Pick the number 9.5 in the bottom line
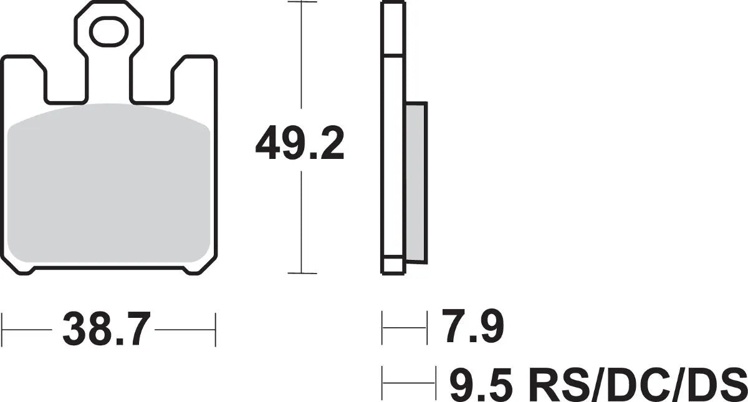click(x=481, y=384)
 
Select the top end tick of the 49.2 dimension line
click(x=301, y=2)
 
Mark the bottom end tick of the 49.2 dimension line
click(x=301, y=273)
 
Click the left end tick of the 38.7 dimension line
click(x=2, y=329)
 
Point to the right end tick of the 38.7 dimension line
click(x=215, y=329)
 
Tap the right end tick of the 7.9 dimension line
click(x=428, y=329)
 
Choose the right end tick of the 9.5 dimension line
click(x=434, y=384)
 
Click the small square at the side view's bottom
click(x=391, y=265)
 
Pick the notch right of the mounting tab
click(x=151, y=84)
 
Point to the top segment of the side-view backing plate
click(x=391, y=28)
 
